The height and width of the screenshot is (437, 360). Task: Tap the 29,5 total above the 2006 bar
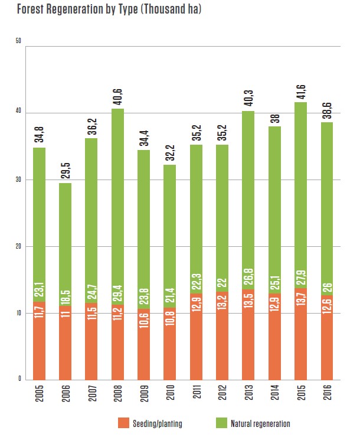point(66,169)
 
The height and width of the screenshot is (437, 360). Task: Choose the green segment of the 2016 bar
point(327,195)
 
